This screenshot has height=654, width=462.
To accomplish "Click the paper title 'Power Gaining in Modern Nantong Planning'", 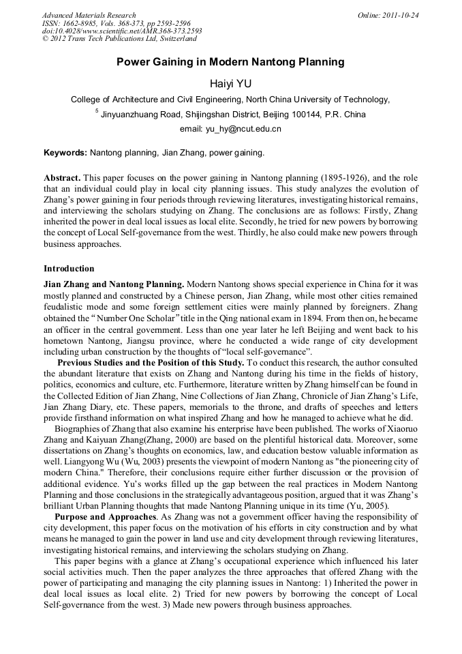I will [x=230, y=62].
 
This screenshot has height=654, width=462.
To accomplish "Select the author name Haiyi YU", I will [x=230, y=83].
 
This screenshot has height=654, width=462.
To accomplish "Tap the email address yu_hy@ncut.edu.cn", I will [x=230, y=128].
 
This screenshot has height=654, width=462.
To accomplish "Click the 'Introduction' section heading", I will [x=69, y=268].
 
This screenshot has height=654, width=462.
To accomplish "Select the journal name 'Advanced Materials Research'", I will [x=89, y=15].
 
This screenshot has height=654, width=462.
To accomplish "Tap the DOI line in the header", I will [x=122, y=31].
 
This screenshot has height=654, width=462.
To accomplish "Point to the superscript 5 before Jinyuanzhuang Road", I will [x=97, y=111].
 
